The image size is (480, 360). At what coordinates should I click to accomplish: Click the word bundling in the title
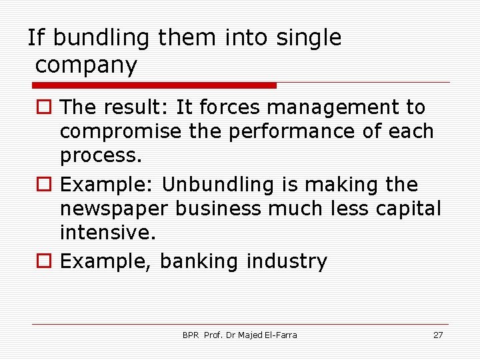pyautogui.click(x=101, y=38)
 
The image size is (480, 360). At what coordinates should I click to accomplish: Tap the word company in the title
pyautogui.click(x=86, y=65)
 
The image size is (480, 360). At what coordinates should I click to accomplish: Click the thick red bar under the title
pyautogui.click(x=155, y=85)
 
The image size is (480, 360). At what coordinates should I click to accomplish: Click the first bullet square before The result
pyautogui.click(x=43, y=107)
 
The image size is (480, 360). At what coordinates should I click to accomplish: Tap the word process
pyautogui.click(x=101, y=156)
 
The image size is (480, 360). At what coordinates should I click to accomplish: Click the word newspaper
pyautogui.click(x=114, y=209)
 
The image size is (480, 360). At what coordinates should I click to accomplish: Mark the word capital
pyautogui.click(x=404, y=209)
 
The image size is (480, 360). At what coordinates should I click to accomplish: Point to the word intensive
pyautogui.click(x=107, y=233)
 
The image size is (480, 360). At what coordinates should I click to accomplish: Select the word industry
pyautogui.click(x=287, y=261)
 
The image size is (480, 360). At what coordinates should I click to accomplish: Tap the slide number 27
pyautogui.click(x=438, y=335)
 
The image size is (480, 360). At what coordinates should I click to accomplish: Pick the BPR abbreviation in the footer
pyautogui.click(x=191, y=335)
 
